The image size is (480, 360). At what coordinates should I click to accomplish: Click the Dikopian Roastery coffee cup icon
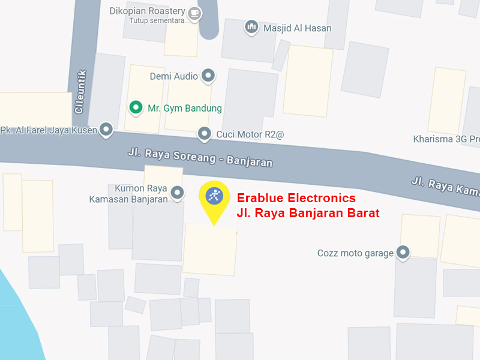(x=194, y=12)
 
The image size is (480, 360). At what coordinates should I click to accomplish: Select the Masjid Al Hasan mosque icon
(x=252, y=27)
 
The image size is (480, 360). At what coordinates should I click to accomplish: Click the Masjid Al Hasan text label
(x=297, y=28)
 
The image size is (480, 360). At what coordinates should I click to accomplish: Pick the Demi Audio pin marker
(x=208, y=76)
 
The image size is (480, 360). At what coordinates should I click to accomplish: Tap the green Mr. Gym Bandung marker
(x=136, y=108)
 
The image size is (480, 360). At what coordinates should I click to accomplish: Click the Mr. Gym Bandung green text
(x=185, y=109)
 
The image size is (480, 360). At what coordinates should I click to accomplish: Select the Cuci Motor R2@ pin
(x=205, y=134)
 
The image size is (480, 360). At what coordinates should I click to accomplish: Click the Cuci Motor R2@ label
(x=250, y=134)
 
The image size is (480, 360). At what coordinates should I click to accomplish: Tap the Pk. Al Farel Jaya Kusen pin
(x=106, y=129)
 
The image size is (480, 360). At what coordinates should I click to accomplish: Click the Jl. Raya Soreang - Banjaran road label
(x=200, y=158)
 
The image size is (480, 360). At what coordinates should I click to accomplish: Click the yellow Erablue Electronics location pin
(x=214, y=196)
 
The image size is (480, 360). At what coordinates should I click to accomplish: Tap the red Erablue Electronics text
(x=296, y=198)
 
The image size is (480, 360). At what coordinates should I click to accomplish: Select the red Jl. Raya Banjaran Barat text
(x=308, y=212)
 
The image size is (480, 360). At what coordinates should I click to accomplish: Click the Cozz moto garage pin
(x=404, y=253)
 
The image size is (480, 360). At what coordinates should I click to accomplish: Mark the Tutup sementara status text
(x=157, y=21)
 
